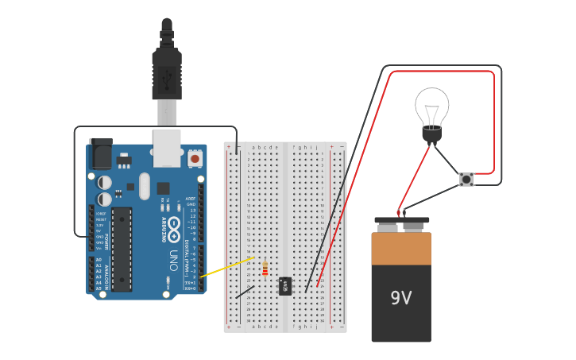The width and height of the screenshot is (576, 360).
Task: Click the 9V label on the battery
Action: tap(401, 298)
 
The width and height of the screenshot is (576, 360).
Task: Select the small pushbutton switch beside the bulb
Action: tap(466, 180)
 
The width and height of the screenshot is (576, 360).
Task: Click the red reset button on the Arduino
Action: tap(195, 158)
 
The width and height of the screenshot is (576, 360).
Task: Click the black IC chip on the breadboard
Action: tap(284, 286)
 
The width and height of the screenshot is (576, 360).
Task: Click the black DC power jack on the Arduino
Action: tap(101, 154)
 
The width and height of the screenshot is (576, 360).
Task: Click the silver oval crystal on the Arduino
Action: tap(144, 186)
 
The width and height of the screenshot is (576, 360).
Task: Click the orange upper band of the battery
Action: tap(401, 248)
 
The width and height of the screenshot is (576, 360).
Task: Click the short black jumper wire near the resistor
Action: tap(245, 292)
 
